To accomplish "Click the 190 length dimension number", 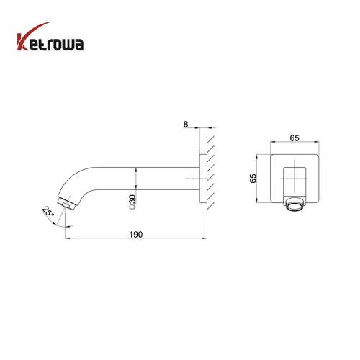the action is tap(136, 234).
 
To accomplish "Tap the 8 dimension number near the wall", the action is tap(186, 125).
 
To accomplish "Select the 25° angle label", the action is tap(48, 212).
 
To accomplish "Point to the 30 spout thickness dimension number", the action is tap(132, 199).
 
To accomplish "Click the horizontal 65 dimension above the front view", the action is tap(294, 138).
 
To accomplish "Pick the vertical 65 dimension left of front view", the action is tap(253, 179).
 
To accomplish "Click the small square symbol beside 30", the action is tap(132, 207).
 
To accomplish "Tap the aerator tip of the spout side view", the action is tap(67, 204).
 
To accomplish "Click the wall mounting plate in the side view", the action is tap(203, 179).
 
